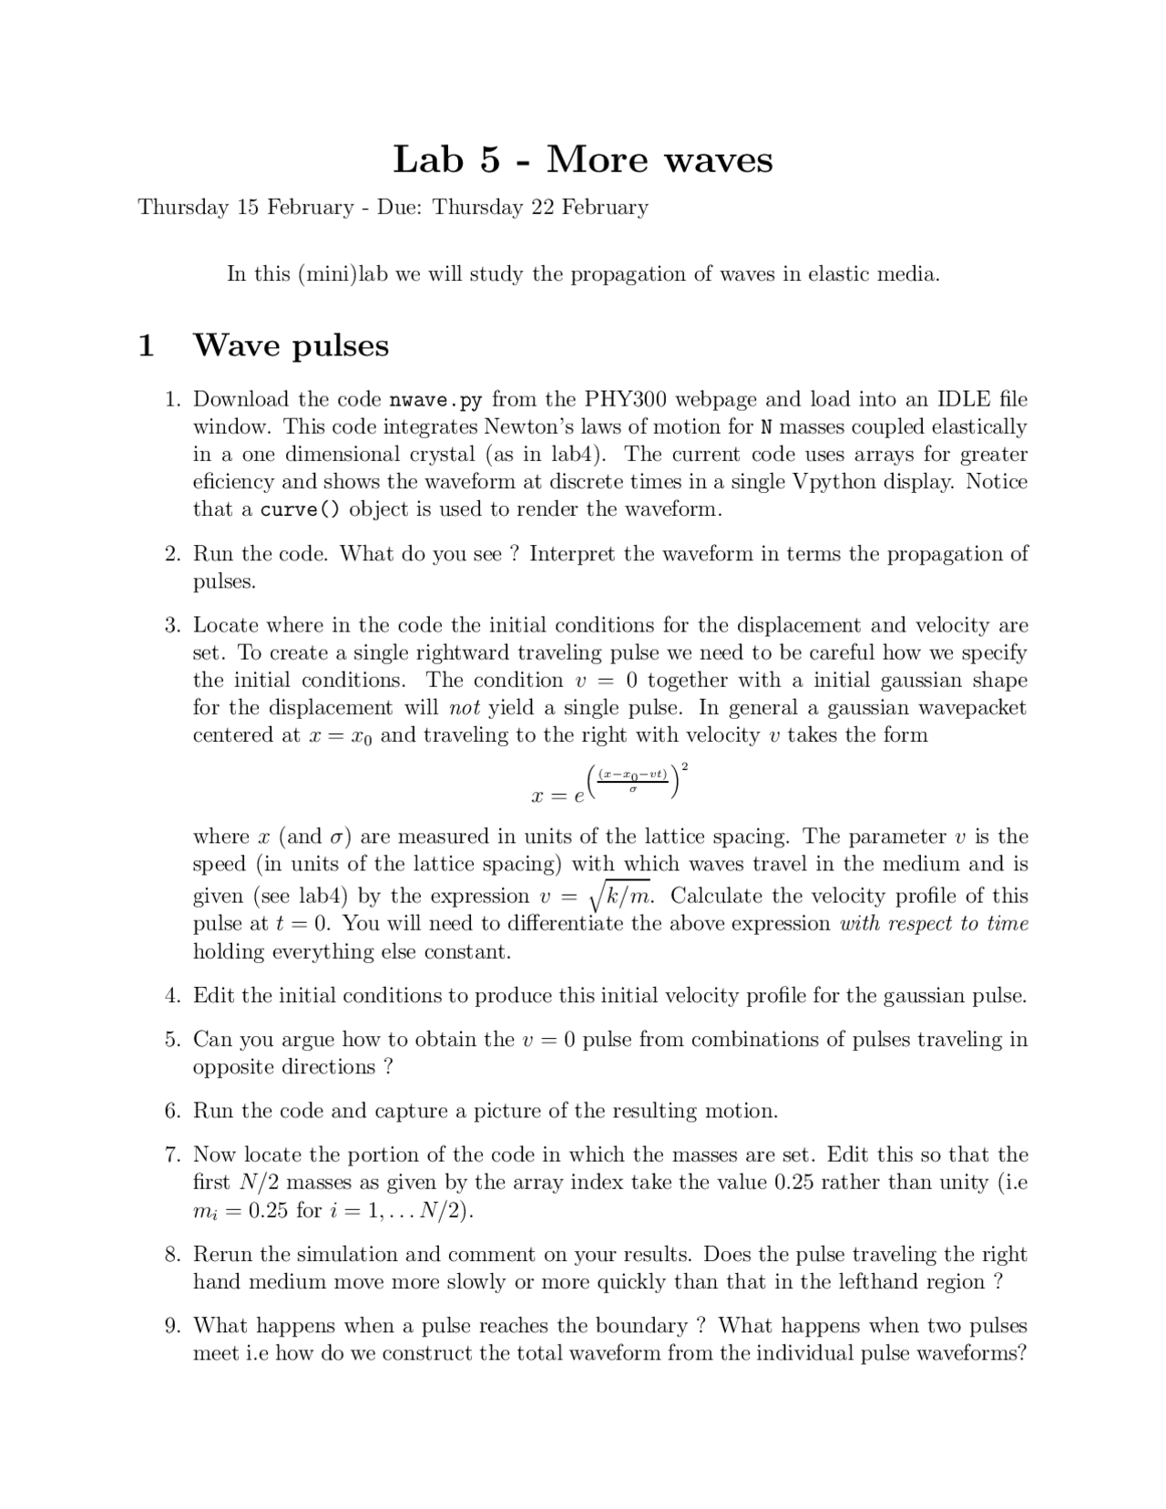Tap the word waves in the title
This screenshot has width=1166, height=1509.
pyautogui.click(x=718, y=161)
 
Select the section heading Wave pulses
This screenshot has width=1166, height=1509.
pyautogui.click(x=291, y=345)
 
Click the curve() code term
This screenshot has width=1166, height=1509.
pyautogui.click(x=300, y=510)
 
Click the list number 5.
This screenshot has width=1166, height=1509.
pyautogui.click(x=173, y=1040)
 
